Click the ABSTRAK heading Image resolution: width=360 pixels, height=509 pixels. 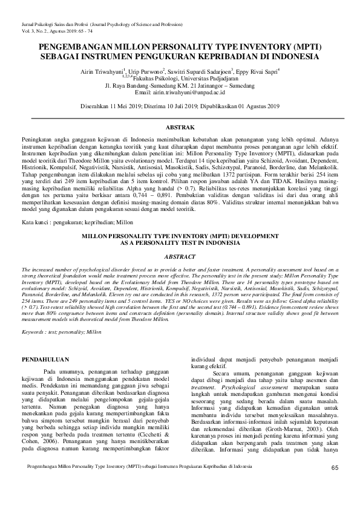180,128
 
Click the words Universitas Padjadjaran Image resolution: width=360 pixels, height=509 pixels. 203,78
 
